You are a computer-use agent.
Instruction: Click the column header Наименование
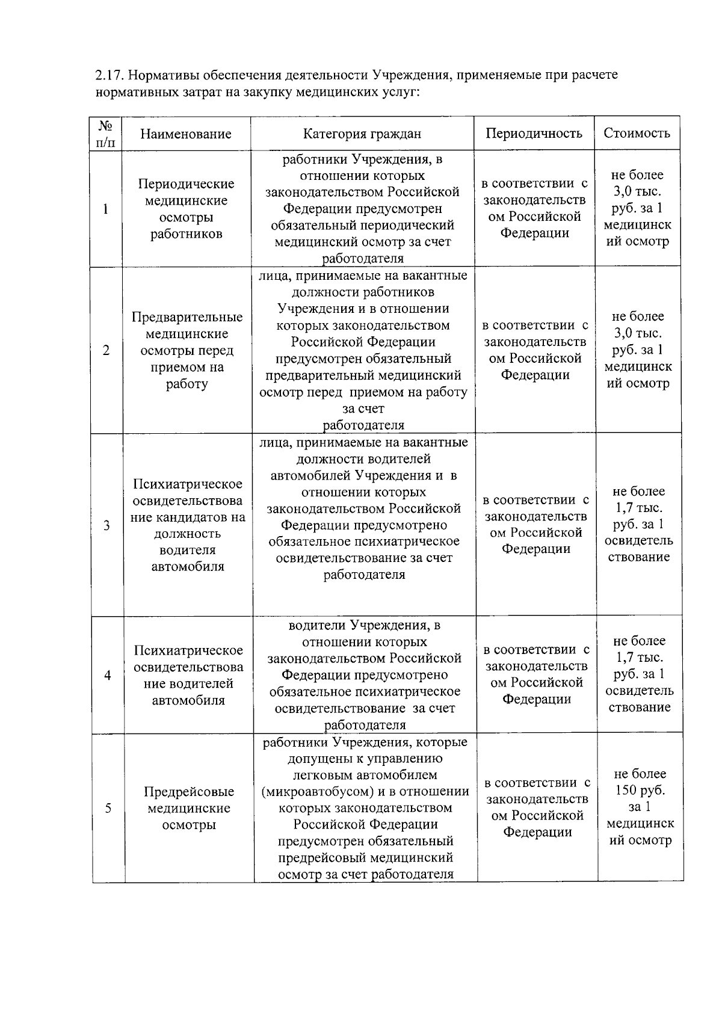pos(185,134)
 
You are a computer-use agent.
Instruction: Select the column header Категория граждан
pos(362,134)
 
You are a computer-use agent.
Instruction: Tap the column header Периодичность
pos(534,133)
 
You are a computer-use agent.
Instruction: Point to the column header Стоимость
pos(637,133)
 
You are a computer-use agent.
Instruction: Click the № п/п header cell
pos(105,134)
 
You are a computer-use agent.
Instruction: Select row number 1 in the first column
pos(106,209)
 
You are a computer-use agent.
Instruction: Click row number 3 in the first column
pos(106,525)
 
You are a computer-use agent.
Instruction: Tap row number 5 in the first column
pos(108,808)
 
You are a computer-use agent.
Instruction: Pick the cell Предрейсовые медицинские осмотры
pos(189,808)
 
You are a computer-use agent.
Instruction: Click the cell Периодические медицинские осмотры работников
pos(185,209)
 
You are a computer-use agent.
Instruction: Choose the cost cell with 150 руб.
pos(640,807)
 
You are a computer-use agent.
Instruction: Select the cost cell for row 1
pos(637,208)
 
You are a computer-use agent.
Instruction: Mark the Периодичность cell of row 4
pos(536,674)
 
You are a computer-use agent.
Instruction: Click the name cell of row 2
pos(187,350)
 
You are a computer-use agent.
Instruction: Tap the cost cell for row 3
pos(639,524)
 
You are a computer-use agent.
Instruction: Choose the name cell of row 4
pos(188,675)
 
